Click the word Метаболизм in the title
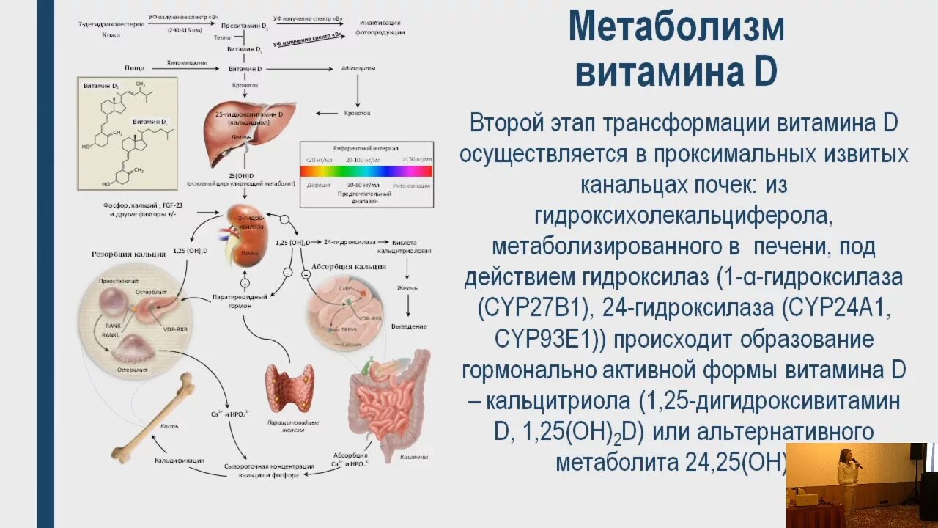click(x=676, y=28)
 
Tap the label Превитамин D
click(x=245, y=25)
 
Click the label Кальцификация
click(x=179, y=461)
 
